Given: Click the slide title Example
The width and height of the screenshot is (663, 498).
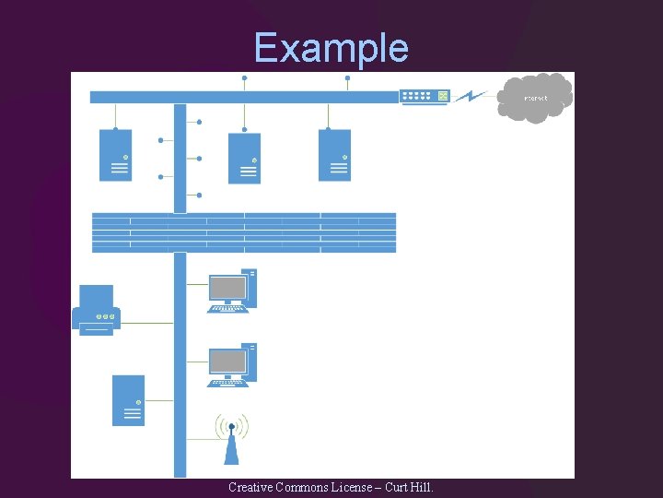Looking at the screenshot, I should click(x=331, y=47).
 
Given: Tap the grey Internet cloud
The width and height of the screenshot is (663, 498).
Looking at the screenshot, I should click(x=535, y=98).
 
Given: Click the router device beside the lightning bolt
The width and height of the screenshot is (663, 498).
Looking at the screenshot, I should click(x=425, y=96).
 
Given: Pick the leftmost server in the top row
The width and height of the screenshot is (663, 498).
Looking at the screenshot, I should click(x=116, y=155).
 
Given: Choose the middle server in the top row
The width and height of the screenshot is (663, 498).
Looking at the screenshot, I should click(x=244, y=159).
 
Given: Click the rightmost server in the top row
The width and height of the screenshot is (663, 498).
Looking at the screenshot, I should click(x=334, y=155).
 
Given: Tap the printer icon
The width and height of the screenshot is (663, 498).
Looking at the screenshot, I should click(x=97, y=310).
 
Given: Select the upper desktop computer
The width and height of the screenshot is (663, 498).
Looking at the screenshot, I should click(x=232, y=290).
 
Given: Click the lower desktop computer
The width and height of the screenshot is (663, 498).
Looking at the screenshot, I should click(x=232, y=365).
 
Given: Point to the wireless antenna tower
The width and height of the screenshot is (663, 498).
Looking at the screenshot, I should click(x=232, y=440).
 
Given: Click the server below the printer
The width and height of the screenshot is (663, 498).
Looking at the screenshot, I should click(x=128, y=400).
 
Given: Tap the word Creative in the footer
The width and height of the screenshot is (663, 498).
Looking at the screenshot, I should click(x=250, y=487).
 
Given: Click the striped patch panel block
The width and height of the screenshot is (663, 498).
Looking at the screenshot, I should click(x=244, y=232).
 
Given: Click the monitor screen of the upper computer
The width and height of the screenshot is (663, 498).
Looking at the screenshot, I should click(x=227, y=288).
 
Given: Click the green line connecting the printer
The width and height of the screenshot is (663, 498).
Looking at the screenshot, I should click(x=147, y=323).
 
